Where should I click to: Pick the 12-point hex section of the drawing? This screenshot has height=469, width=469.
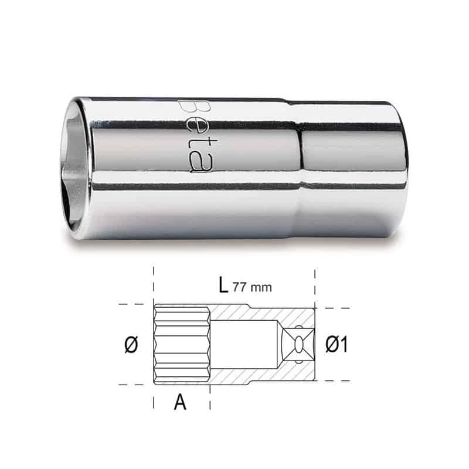point(182,345)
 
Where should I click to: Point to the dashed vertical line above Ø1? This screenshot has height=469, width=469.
point(315,287)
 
